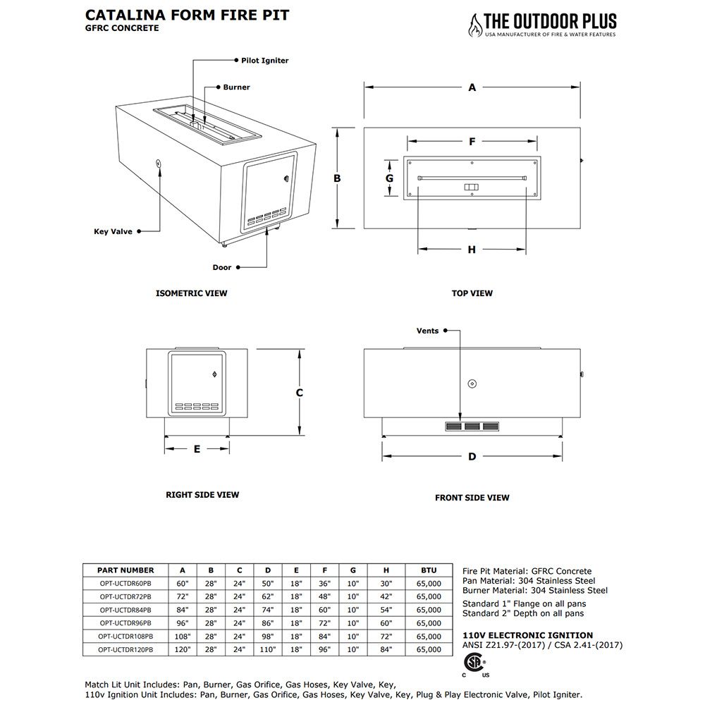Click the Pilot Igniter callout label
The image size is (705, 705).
pos(264,61)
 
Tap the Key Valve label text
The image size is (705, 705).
pos(113,231)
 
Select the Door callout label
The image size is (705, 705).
pos(222,267)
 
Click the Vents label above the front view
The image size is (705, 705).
pos(427,331)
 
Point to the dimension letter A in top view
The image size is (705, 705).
pos(472,87)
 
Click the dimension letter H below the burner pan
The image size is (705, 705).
pos(472,250)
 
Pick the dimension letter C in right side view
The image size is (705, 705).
pos(299,393)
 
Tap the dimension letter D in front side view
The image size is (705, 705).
pos(472,457)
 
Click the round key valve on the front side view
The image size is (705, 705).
pos(472,384)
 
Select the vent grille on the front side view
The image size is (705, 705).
pos(472,427)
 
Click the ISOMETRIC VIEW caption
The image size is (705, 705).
pos(191,293)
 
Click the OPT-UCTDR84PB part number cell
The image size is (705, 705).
pos(125,610)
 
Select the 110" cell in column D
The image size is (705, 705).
pos(268,649)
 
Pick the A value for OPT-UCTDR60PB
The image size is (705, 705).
pos(183,584)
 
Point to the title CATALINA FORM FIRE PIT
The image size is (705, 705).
pos(187,15)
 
